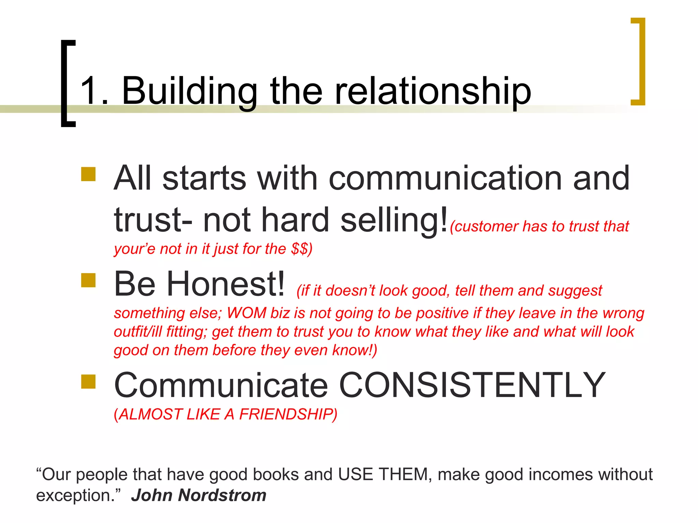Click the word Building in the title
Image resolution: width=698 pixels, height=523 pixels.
(189, 91)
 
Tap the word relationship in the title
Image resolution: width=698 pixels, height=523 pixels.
(433, 91)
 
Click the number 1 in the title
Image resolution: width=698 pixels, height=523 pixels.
(89, 91)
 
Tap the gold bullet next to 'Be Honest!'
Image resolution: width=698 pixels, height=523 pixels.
(88, 280)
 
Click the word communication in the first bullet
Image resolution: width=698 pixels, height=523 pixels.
(445, 178)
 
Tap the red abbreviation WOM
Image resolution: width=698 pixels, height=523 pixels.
(246, 313)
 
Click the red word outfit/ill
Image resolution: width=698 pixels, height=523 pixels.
(138, 332)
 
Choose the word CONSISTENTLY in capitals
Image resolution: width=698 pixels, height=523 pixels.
(472, 385)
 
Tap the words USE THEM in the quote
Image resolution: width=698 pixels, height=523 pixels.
(383, 474)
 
